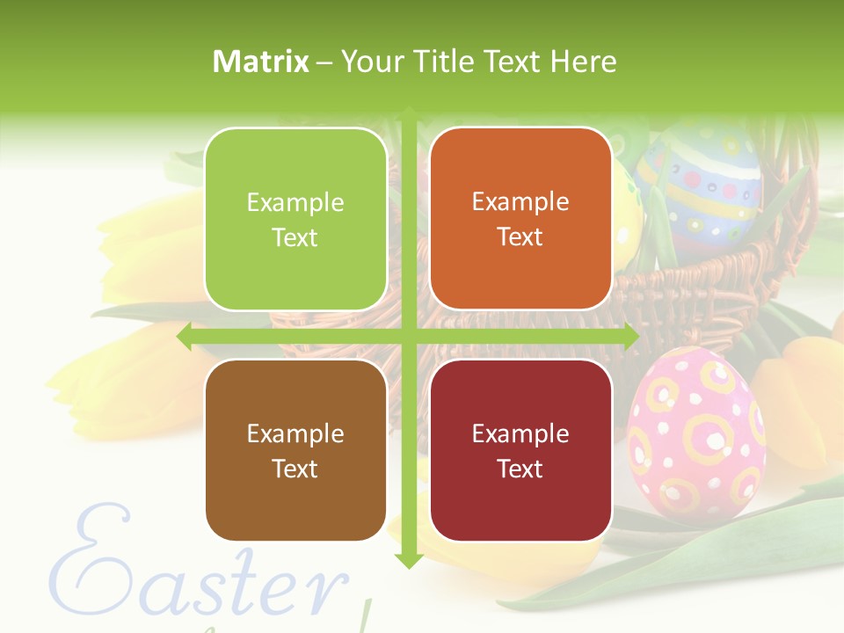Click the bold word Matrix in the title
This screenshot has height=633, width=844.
tap(261, 62)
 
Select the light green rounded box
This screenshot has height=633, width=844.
tap(295, 219)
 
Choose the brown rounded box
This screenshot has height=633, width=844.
tap(295, 450)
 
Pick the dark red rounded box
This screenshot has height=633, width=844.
tap(520, 450)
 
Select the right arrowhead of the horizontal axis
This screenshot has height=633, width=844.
tap(630, 337)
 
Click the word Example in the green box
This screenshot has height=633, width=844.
tap(295, 203)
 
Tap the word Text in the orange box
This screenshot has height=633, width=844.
tap(520, 237)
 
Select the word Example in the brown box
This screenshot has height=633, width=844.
tap(295, 434)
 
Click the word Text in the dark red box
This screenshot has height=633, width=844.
tap(520, 469)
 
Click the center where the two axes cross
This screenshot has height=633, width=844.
tap(409, 337)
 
